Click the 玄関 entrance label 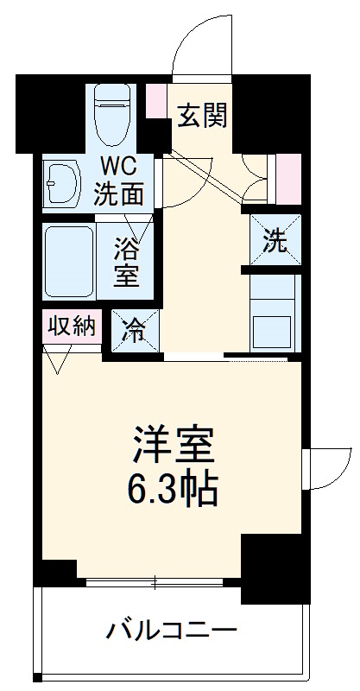coord(204,116)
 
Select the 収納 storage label coord(73,326)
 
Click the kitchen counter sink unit coord(274,315)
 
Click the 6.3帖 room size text coord(174,491)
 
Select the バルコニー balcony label coord(171,631)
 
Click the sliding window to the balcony coord(157,581)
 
